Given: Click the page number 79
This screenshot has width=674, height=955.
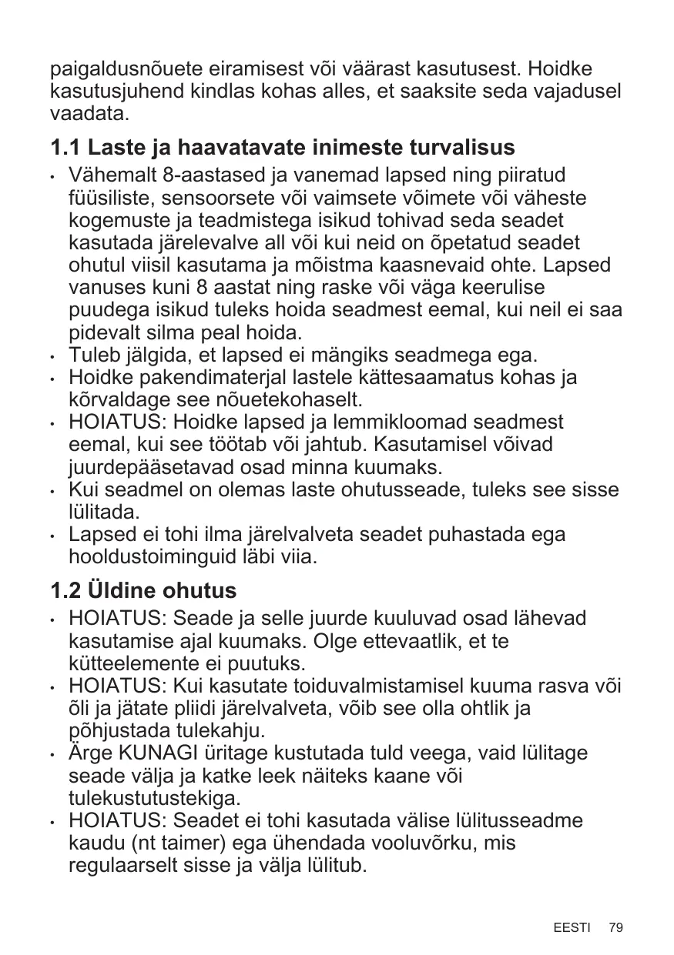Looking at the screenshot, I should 615,927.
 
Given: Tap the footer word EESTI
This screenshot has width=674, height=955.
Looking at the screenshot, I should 572,927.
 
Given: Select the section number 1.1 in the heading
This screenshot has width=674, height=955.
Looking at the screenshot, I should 65,146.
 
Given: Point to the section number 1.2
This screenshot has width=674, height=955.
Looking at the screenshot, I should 65,591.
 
